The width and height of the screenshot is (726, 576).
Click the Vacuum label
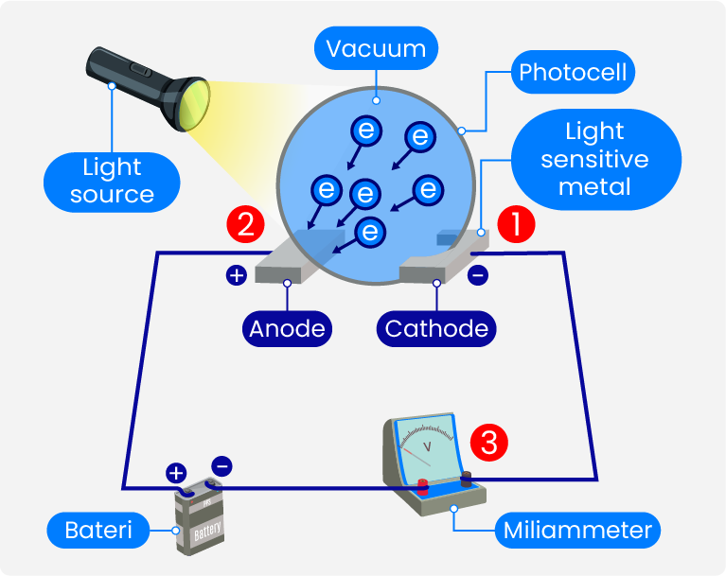[x=376, y=48]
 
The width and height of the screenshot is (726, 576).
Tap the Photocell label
[x=574, y=72]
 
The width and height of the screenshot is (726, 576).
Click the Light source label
[x=112, y=182]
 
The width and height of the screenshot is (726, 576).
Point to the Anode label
[x=287, y=328]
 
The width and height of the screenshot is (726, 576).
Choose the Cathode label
[x=437, y=328]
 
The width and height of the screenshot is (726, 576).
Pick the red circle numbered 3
[x=489, y=442]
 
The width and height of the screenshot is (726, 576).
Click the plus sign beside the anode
[x=236, y=275]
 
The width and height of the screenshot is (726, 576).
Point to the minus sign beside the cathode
[x=478, y=275]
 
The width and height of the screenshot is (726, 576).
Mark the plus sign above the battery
[x=175, y=473]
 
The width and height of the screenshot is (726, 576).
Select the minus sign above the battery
[x=221, y=465]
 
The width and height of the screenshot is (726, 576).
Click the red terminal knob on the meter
[x=422, y=487]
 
